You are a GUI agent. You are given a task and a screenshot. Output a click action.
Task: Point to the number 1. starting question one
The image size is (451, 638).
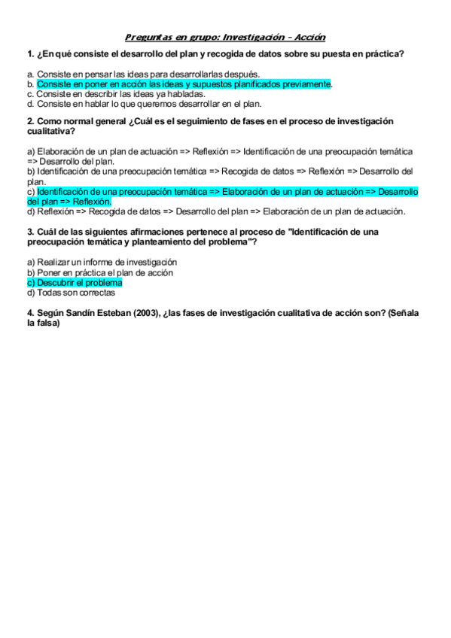coord(29,53)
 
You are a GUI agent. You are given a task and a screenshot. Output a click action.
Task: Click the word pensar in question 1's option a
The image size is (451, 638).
coord(99,74)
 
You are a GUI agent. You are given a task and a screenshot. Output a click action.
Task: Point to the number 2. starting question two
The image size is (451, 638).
coord(29,121)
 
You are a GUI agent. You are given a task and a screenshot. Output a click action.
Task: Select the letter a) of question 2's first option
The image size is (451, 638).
coord(30,151)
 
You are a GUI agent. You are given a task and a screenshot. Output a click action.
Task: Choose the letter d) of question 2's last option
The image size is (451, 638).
coord(30,211)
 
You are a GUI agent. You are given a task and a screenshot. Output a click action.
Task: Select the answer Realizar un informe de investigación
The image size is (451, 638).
coord(107,262)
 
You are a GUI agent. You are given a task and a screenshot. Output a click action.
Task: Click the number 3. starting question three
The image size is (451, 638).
coord(29,232)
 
